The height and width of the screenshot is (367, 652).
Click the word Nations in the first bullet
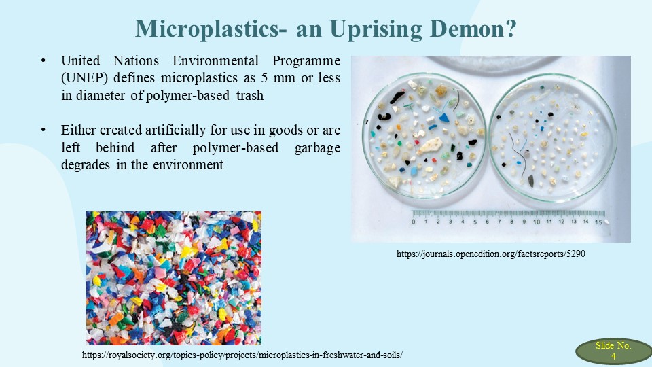(x=136, y=60)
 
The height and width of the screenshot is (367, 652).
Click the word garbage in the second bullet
(x=317, y=148)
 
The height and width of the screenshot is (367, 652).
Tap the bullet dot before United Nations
(x=43, y=61)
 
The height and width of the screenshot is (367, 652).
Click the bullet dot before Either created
(x=43, y=130)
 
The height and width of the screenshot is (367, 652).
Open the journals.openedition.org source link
(x=490, y=254)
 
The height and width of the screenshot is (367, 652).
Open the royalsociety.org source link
(x=242, y=355)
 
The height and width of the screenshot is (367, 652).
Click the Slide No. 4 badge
(x=613, y=351)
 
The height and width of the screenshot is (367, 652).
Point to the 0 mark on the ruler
(x=414, y=222)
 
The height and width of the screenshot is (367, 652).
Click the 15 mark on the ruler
(x=598, y=222)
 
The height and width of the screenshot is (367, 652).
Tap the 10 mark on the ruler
(x=537, y=222)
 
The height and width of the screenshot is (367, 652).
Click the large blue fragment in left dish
(x=444, y=118)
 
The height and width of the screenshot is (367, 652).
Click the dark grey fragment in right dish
(x=530, y=181)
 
